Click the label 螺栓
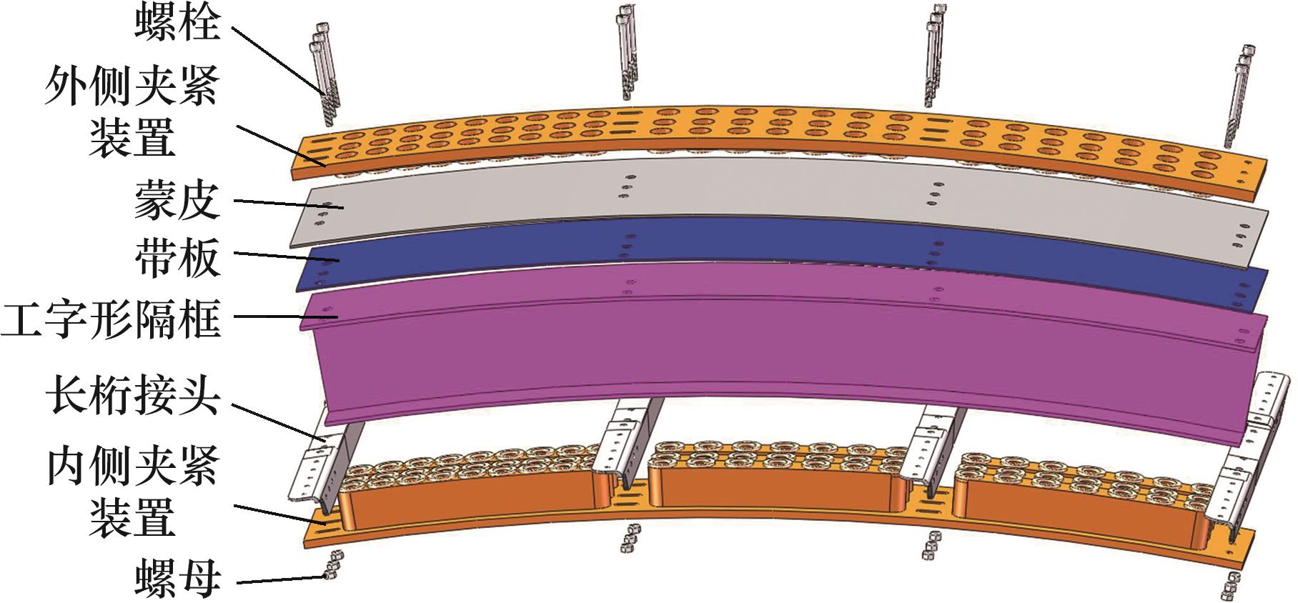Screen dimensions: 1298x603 coord(177,25)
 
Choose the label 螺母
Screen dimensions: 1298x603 coord(177,579)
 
